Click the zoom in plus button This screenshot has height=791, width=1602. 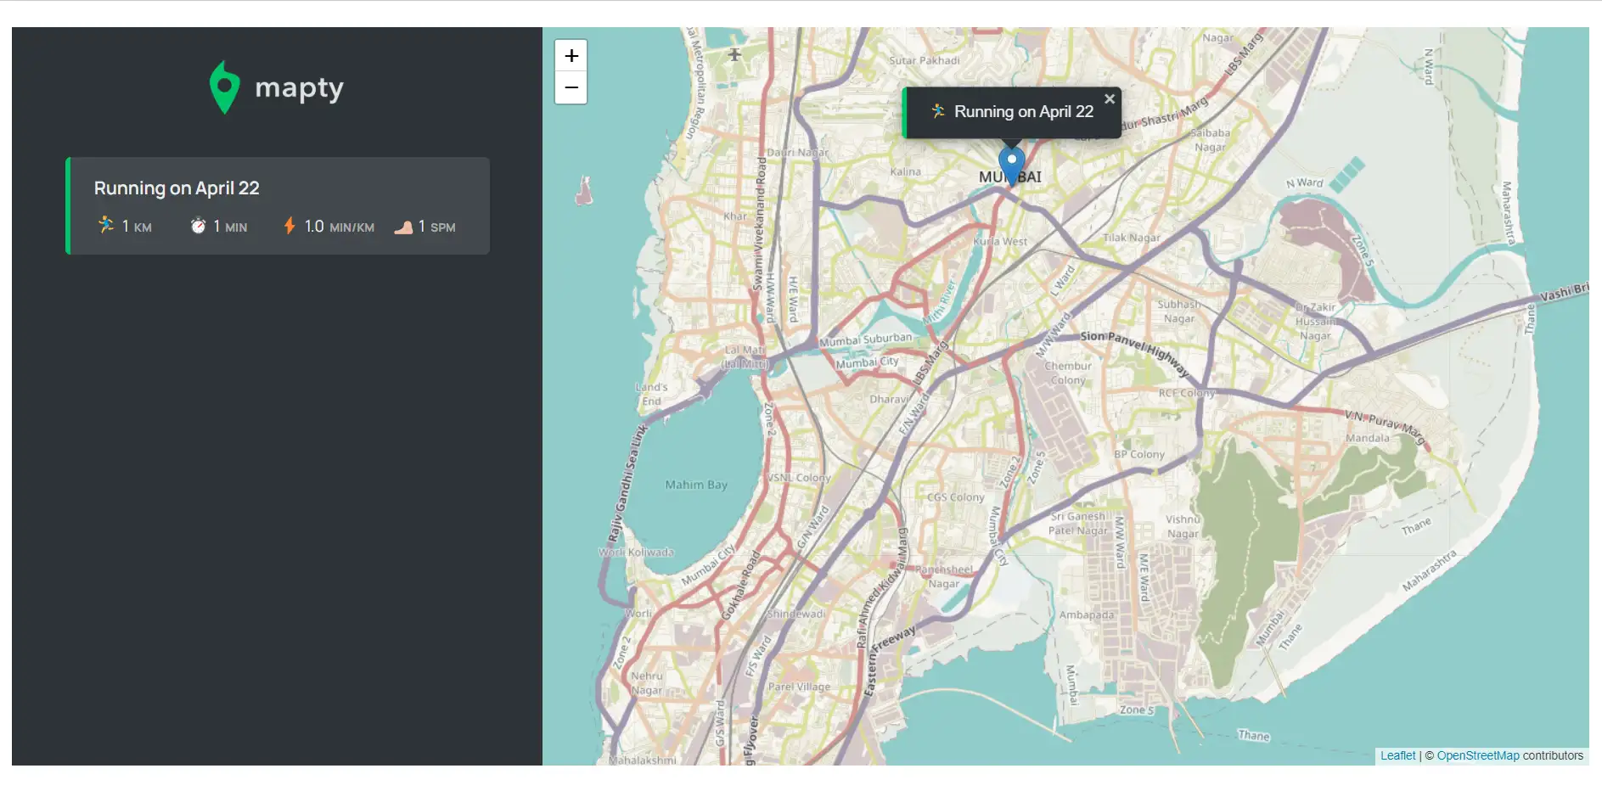coord(571,56)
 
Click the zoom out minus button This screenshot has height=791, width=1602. coord(571,87)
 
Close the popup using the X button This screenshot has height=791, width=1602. coord(1109,99)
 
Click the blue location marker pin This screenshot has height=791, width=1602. coord(1011,164)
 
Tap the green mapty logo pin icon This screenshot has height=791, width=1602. coord(224,87)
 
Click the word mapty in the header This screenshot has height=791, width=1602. coord(299,88)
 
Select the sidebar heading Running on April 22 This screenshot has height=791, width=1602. coord(177,188)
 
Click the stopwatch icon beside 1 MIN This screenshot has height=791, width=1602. coord(198,226)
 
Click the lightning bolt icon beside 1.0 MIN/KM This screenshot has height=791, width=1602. coord(289,226)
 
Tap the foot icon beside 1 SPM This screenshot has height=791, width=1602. coord(403,227)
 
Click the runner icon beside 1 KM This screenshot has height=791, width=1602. coord(106,225)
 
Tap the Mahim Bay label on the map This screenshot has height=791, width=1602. coord(696,485)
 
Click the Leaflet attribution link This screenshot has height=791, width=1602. coord(1397,755)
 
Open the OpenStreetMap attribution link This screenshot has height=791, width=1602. coord(1477,755)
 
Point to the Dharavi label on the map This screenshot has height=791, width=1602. coord(889,399)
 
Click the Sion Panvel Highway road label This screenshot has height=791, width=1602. coord(1134,351)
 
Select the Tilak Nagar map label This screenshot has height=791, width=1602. coord(1131,238)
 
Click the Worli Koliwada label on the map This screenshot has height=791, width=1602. coord(636,553)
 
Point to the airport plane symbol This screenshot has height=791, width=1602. coord(734,54)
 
